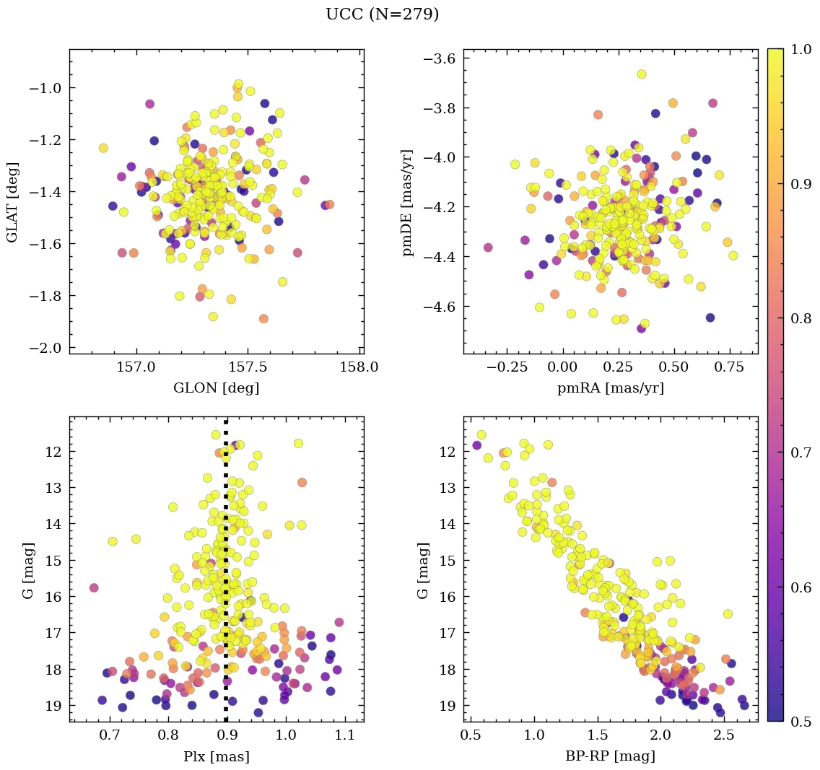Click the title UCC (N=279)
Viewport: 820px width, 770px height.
(382, 14)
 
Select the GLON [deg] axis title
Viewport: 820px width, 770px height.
(216, 388)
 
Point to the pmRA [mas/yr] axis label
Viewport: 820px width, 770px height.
(611, 388)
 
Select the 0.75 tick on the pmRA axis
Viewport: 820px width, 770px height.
(729, 367)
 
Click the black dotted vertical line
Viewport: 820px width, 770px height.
(226, 577)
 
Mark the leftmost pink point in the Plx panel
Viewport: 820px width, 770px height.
(94, 587)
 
